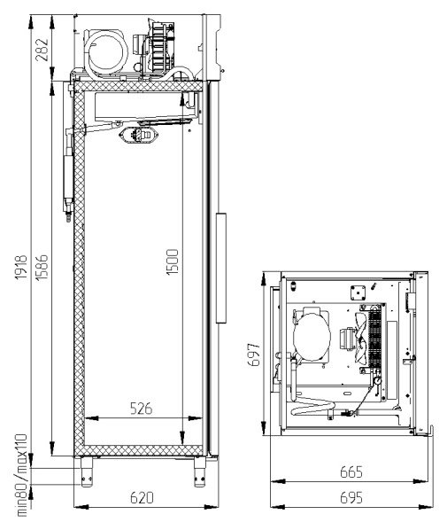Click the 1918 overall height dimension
tap(21, 267)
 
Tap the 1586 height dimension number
tap(42, 267)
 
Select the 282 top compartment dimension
tap(42, 50)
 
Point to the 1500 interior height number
tap(173, 262)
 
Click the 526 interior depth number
tap(142, 409)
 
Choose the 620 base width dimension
tap(142, 497)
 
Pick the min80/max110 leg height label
tap(21, 475)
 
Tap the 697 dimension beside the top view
tap(253, 355)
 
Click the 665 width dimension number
tap(351, 472)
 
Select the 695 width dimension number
tap(351, 498)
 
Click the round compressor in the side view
tap(105, 51)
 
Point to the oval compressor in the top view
tap(312, 335)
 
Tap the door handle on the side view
tap(220, 268)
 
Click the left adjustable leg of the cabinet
tap(87, 472)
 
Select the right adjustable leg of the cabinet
tap(199, 472)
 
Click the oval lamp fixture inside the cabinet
tap(139, 136)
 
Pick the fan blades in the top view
tap(360, 338)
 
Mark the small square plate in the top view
tap(358, 292)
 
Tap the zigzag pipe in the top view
tap(312, 405)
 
